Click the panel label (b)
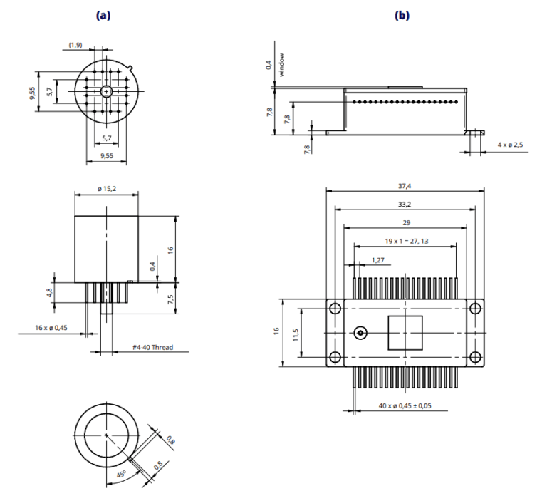402,15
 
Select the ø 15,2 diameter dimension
107,188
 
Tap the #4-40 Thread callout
152,348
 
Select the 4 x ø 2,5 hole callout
510,145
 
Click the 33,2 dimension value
404,204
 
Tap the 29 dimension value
404,222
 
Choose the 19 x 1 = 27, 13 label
404,241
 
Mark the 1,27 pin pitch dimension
377,260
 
